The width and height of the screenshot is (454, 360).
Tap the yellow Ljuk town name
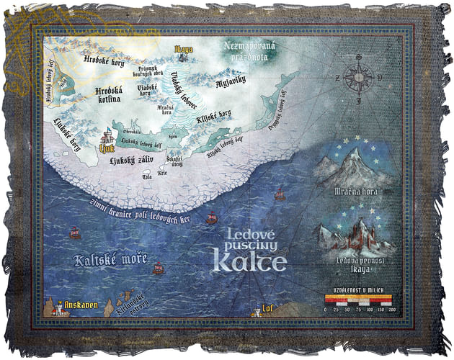pyautogui.click(x=107, y=149)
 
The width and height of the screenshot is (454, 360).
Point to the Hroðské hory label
pyautogui.click(x=103, y=62)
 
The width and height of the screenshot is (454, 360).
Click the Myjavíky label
pyautogui.click(x=232, y=83)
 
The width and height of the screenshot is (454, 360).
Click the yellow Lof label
pyautogui.click(x=267, y=309)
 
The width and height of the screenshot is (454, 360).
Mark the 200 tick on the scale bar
pyautogui.click(x=392, y=308)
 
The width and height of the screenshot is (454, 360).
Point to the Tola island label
pyautogui.click(x=147, y=176)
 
